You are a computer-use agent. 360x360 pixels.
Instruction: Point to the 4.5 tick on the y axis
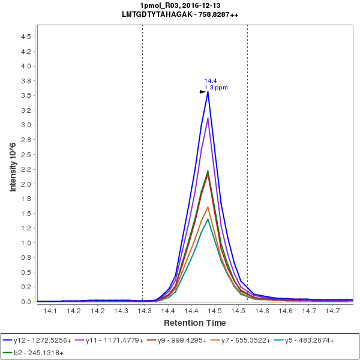(26, 37)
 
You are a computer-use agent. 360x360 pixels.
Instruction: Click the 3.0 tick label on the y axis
(26, 125)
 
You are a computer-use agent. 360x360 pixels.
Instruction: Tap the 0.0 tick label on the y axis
(26, 302)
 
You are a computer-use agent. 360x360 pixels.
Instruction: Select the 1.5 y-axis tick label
(26, 214)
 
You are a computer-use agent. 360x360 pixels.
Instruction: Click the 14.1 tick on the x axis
(50, 311)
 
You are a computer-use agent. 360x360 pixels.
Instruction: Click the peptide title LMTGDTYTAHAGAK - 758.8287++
(180, 14)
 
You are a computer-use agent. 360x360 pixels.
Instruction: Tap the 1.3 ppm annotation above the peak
(216, 88)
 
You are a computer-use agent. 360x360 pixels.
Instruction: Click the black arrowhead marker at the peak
(202, 92)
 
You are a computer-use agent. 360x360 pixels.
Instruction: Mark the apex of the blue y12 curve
(208, 91)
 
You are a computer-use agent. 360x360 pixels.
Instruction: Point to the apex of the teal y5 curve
(208, 219)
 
